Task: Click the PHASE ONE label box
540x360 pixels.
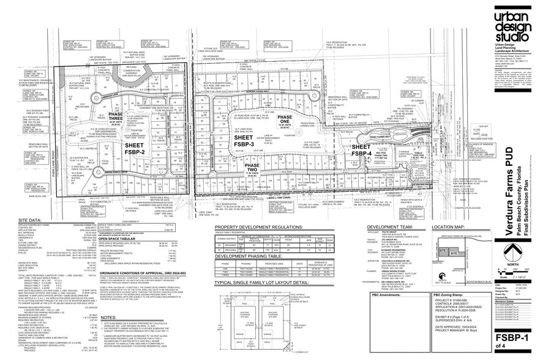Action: [284, 121]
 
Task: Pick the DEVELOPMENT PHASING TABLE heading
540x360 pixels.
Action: [249, 258]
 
